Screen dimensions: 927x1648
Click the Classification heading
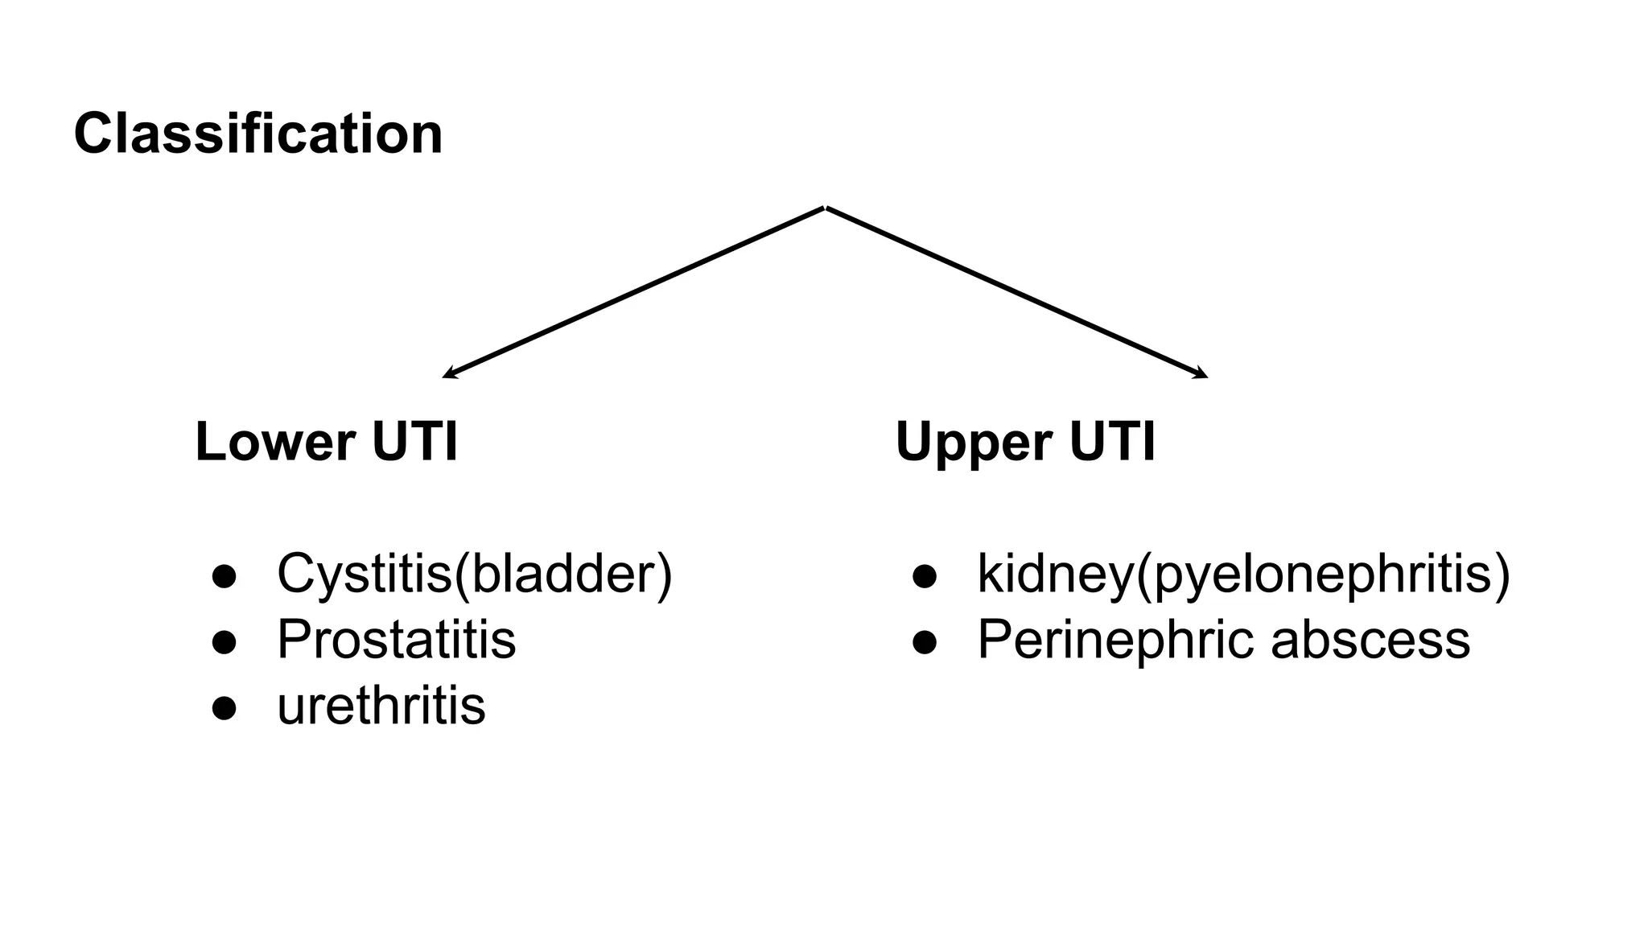pyautogui.click(x=257, y=134)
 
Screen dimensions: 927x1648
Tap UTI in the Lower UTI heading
pyautogui.click(x=415, y=442)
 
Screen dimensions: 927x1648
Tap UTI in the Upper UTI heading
pyautogui.click(x=1113, y=442)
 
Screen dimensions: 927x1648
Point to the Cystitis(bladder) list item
pyautogui.click(x=474, y=575)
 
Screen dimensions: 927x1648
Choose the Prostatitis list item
pyautogui.click(x=396, y=640)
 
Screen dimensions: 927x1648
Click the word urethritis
pyautogui.click(x=381, y=706)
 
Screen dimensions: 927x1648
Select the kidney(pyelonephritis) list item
pyautogui.click(x=1243, y=575)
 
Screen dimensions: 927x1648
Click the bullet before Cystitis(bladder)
pyautogui.click(x=224, y=576)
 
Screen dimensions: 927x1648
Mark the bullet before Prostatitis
pyautogui.click(x=224, y=642)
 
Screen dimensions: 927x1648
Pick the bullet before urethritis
pyautogui.click(x=224, y=708)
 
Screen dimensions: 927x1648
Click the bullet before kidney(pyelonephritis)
pyautogui.click(x=925, y=576)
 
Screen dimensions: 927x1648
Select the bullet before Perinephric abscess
pyautogui.click(x=925, y=642)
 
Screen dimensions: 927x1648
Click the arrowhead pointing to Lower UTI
pyautogui.click(x=448, y=374)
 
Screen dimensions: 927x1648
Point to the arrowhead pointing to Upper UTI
pyautogui.click(x=1202, y=374)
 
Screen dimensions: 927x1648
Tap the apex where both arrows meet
pyautogui.click(x=826, y=208)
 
